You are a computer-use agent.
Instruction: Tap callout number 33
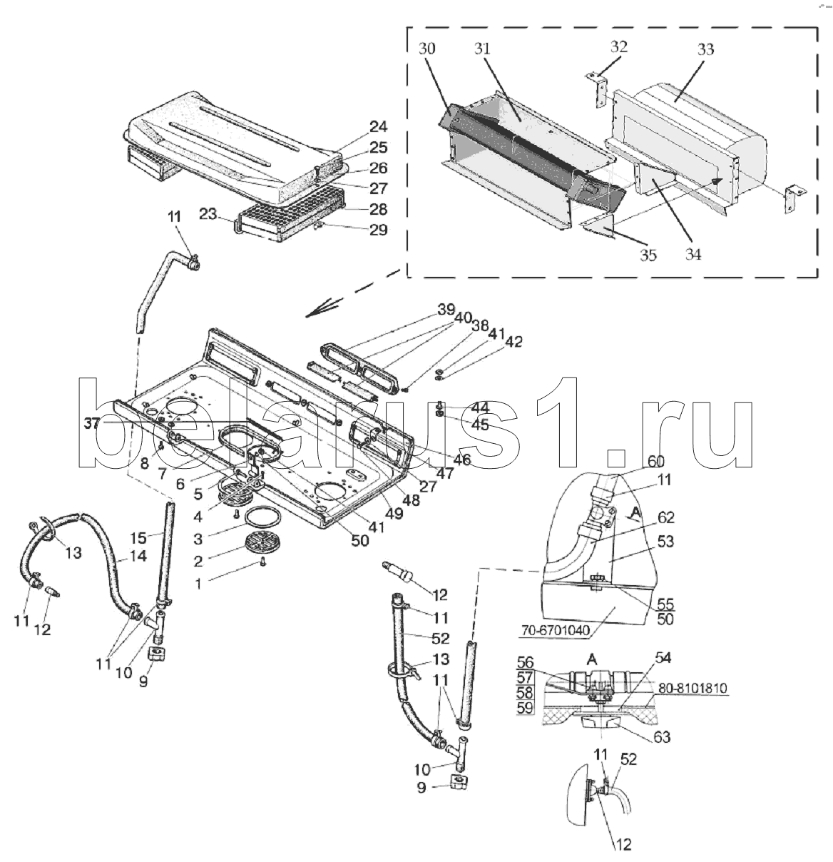(x=705, y=50)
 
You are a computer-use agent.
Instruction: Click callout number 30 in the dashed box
(x=427, y=49)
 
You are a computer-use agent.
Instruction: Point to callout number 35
(x=647, y=255)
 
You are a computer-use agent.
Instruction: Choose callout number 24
(x=378, y=127)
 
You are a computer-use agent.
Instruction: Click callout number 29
(x=378, y=229)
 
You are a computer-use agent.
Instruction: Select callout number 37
(x=92, y=423)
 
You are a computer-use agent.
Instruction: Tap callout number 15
(x=139, y=537)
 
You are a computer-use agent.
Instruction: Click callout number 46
(x=462, y=460)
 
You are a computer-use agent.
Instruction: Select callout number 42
(x=513, y=342)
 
